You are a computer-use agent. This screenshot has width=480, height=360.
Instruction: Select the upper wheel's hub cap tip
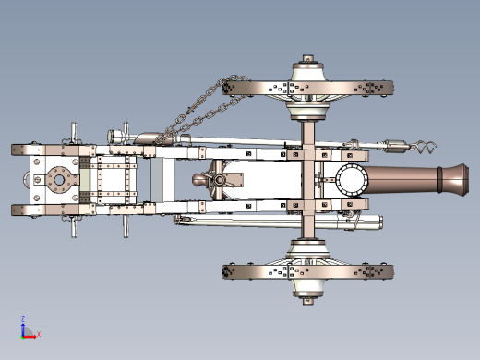(308, 58)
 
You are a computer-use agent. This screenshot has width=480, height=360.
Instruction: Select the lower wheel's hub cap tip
(308, 301)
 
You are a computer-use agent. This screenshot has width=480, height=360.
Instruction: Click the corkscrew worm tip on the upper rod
(426, 147)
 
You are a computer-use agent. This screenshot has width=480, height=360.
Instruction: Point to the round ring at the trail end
(26, 179)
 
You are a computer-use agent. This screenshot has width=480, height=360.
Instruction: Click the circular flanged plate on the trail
(59, 180)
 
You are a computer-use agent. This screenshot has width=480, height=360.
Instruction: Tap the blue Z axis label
(23, 318)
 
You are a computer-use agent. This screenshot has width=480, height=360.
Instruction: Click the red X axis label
(39, 334)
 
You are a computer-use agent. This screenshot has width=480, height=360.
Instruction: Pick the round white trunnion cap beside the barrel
(352, 180)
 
